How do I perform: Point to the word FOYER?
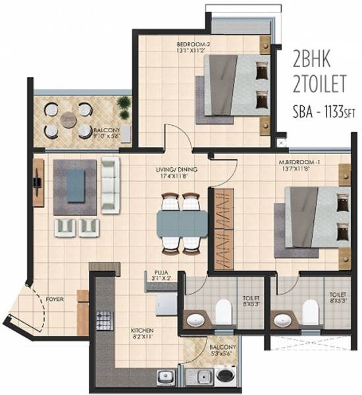[x=55, y=298]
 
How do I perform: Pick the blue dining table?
[x=180, y=223]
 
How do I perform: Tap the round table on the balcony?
[x=68, y=120]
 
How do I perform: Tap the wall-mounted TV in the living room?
[x=38, y=178]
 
